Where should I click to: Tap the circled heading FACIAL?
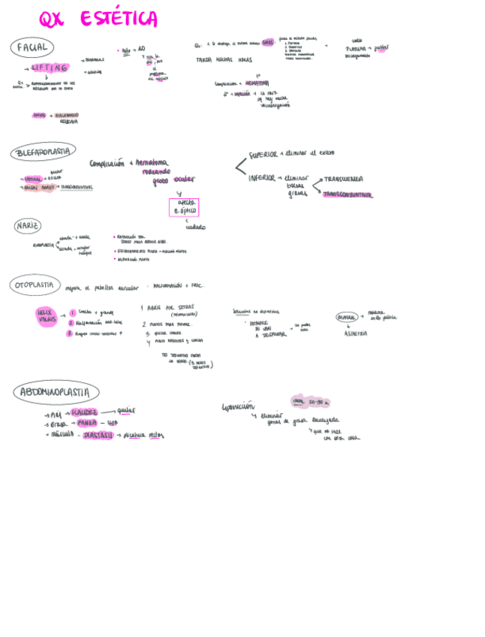[x=32, y=47]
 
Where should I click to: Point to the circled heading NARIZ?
[x=28, y=225]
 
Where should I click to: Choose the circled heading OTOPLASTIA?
[x=35, y=285]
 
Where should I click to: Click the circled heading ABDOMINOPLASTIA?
[x=56, y=391]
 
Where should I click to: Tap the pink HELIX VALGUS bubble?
[x=47, y=315]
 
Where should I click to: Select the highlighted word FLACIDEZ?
[x=84, y=412]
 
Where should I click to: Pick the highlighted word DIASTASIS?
[x=98, y=435]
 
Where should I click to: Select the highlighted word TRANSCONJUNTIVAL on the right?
[x=347, y=194]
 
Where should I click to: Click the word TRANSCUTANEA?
[x=344, y=180]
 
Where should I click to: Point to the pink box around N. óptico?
[x=184, y=207]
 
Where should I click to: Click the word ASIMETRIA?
[x=355, y=334]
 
